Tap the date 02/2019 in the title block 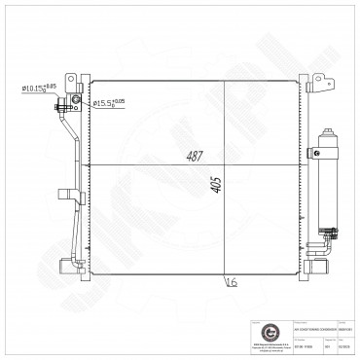(343, 342)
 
